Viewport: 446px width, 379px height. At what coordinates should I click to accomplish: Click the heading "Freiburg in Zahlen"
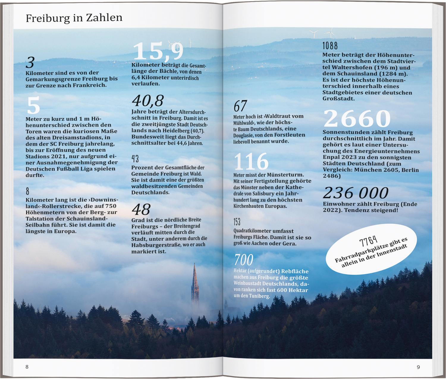(74, 18)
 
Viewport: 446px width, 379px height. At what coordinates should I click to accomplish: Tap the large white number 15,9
(158, 51)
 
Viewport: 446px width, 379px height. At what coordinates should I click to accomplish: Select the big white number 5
(33, 106)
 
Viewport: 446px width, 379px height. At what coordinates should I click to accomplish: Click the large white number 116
(251, 162)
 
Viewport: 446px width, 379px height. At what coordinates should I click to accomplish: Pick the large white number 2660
(357, 118)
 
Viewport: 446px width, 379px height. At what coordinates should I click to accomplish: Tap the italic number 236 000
(356, 193)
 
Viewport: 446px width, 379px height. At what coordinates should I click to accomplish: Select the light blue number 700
(244, 260)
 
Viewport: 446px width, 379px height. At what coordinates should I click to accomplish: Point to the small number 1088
(330, 46)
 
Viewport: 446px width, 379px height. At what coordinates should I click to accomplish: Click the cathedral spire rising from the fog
(195, 283)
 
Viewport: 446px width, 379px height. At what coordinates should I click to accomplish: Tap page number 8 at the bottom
(27, 367)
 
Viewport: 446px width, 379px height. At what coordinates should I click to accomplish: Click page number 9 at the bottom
(418, 367)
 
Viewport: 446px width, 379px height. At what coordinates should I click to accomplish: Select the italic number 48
(141, 209)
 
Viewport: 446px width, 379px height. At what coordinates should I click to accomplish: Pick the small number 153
(237, 222)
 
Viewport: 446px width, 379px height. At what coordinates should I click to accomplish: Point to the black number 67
(240, 106)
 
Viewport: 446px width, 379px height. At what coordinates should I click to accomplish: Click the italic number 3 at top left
(30, 62)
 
